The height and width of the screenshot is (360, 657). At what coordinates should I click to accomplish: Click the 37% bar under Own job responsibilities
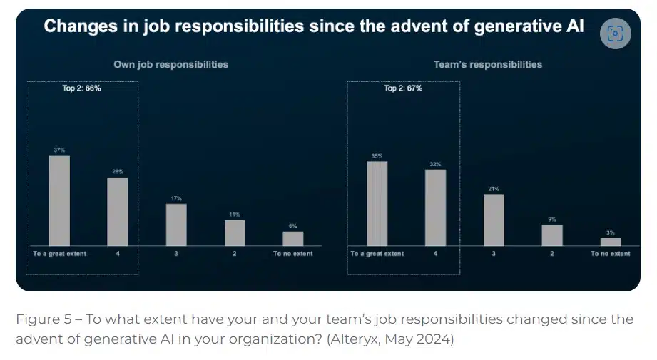pos(59,201)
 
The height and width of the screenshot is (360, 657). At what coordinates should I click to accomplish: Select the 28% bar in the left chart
pos(118,212)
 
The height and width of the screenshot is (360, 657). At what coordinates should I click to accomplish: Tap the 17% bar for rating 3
pos(176,225)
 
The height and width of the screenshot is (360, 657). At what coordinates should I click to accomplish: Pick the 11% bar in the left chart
pos(235,232)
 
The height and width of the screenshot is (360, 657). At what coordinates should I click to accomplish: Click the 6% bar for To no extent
pos(292,238)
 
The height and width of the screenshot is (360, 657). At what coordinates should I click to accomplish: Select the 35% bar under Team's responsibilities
pos(377,204)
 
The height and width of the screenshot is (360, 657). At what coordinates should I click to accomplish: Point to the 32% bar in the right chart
pos(435,207)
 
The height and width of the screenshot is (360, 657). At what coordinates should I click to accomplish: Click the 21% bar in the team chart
pos(494,220)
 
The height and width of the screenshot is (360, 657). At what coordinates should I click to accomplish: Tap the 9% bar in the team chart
pos(552,235)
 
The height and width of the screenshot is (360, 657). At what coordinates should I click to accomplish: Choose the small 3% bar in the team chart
pos(611,242)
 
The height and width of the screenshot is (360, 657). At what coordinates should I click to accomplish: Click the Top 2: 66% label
pos(83,88)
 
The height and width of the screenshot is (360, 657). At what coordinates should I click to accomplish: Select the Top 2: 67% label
pos(403,88)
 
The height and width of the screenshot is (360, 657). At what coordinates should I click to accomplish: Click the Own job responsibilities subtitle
pos(171,64)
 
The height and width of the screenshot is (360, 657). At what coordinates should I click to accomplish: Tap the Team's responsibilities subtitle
pos(488,64)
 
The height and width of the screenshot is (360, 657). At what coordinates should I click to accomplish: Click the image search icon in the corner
pos(616,33)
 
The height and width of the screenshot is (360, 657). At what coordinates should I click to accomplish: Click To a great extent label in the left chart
pos(60,254)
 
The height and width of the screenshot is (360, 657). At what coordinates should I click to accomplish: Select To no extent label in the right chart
pos(611,254)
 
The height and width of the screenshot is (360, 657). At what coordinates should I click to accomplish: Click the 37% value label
pos(59,150)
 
